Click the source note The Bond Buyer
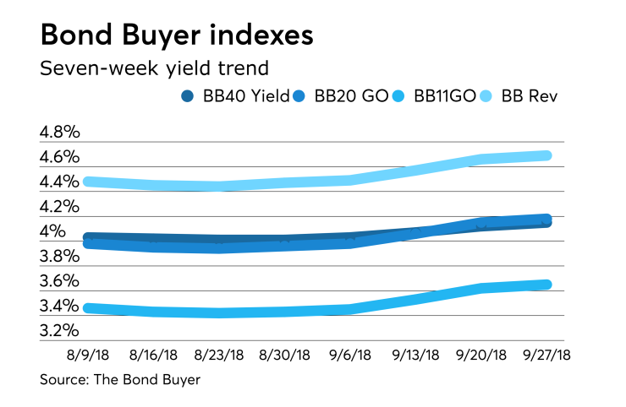[x=120, y=380]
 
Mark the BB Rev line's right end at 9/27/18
[x=546, y=155]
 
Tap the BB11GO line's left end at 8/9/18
[x=88, y=308]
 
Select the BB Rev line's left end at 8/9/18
[x=88, y=182]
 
